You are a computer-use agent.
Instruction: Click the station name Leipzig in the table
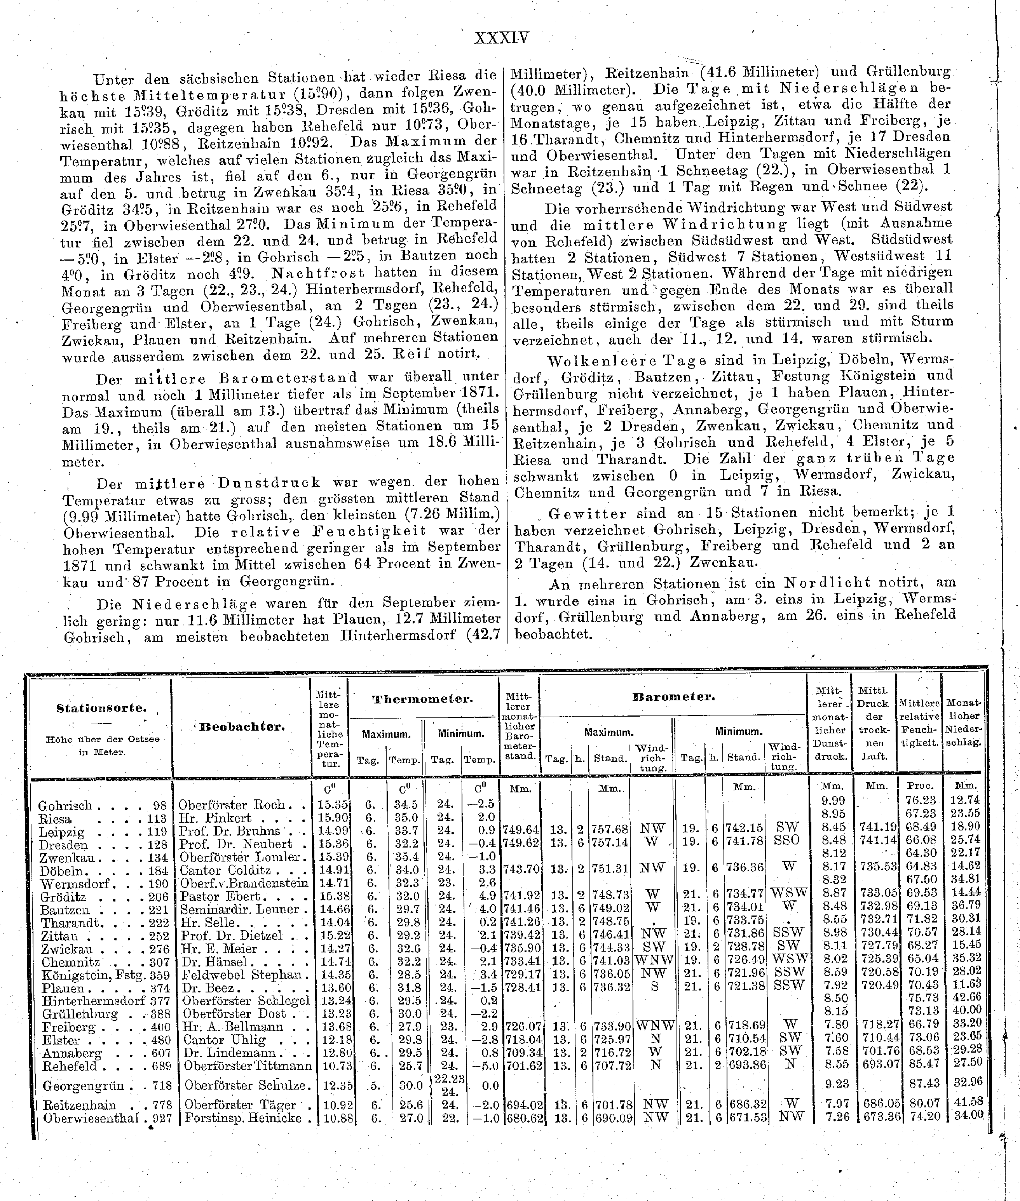pyautogui.click(x=61, y=833)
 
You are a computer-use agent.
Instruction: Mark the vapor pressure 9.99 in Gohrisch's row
pyautogui.click(x=833, y=801)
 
